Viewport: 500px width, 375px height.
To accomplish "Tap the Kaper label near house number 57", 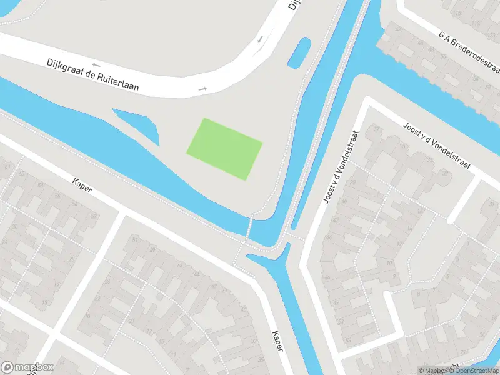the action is (x=82, y=187).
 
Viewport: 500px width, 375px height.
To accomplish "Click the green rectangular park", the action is (x=224, y=149).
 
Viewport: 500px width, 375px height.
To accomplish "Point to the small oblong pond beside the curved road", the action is (x=298, y=52).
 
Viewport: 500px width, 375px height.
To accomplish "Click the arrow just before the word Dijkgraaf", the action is (x=96, y=64).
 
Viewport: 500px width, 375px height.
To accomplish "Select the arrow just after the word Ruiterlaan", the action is (x=202, y=89).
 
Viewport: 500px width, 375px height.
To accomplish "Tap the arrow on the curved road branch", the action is (x=260, y=39).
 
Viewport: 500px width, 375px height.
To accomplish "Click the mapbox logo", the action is (x=28, y=367).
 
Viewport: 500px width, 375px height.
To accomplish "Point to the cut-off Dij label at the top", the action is (x=294, y=4).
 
